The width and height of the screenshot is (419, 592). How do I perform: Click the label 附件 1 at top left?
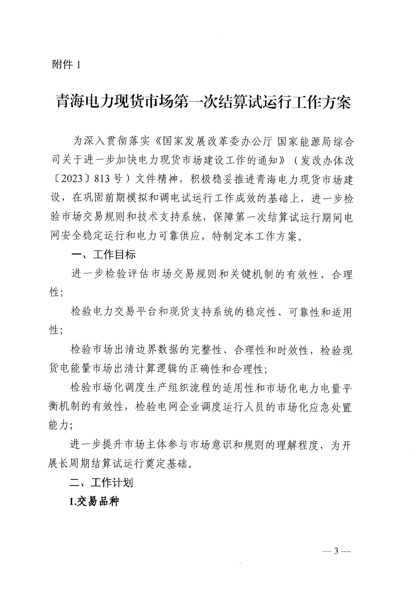click(x=66, y=65)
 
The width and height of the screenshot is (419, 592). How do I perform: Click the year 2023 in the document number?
click(x=69, y=180)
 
